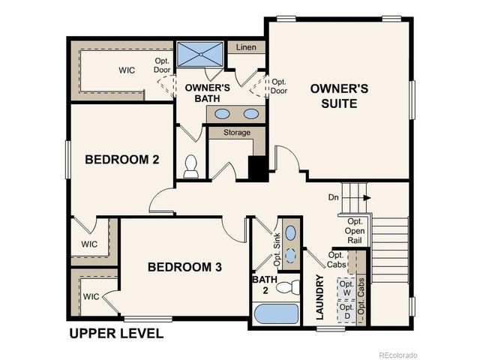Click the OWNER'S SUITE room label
point(339,96)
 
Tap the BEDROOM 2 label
point(121,159)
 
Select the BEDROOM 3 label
point(184,267)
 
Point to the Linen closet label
point(246,47)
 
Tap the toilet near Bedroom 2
point(190,166)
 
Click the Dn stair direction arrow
point(367,198)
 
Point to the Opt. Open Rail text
point(355,231)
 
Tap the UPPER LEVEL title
point(116,333)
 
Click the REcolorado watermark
point(397,353)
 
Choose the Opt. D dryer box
point(346,312)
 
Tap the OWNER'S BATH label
point(201,92)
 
